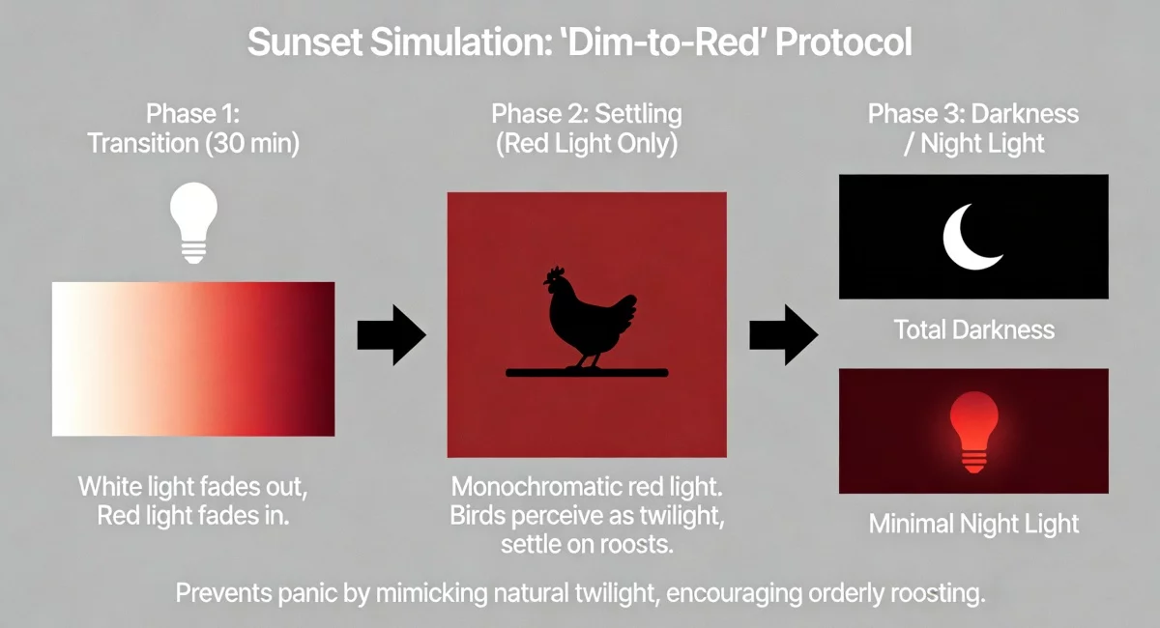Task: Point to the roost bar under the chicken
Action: tap(587, 372)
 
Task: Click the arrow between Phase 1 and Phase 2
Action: tap(391, 335)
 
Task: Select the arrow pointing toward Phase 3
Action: tap(783, 335)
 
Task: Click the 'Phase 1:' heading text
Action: tap(193, 114)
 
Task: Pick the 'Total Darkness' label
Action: tap(973, 329)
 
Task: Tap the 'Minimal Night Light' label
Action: tap(973, 525)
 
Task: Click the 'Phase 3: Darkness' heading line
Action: tap(973, 114)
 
